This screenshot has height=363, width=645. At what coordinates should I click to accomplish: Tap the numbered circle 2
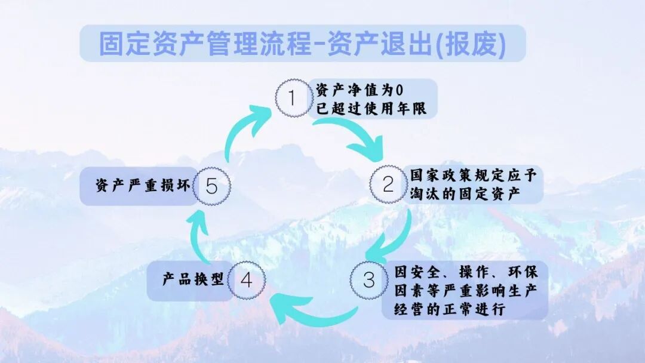tap(388, 185)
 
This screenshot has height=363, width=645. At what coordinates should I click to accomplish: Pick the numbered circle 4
tap(246, 281)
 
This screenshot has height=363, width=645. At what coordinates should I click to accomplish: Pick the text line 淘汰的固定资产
tap(466, 195)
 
